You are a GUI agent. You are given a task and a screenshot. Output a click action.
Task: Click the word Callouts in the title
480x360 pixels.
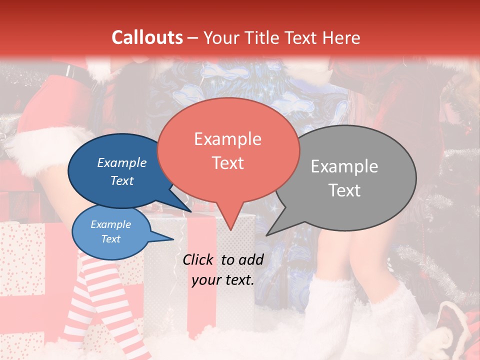(147, 37)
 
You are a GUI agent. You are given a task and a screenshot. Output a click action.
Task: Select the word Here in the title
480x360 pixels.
(342, 37)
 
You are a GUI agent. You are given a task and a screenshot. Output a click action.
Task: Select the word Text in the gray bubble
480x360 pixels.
(344, 190)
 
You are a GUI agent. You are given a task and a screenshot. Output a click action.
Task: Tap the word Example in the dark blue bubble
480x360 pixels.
(121, 162)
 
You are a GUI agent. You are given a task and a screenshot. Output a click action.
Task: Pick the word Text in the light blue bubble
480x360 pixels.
(110, 239)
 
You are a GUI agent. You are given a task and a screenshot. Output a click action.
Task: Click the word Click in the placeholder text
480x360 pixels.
(199, 259)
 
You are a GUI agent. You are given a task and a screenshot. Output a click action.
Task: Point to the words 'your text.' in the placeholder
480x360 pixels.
(223, 279)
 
